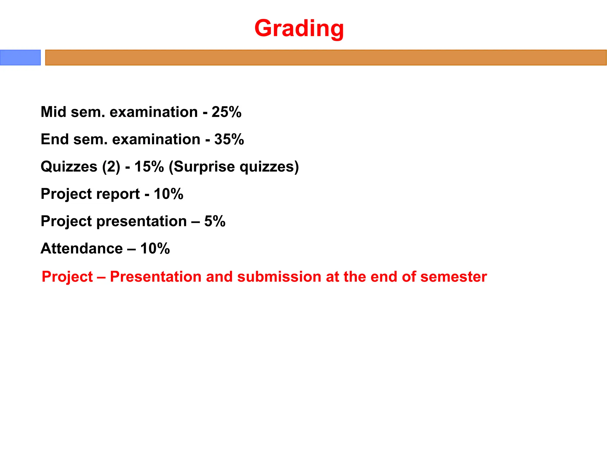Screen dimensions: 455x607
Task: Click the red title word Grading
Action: click(299, 28)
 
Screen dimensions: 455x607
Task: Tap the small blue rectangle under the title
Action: click(20, 57)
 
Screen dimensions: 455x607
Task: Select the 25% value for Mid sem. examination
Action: click(226, 112)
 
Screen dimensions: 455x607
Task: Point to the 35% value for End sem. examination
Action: click(229, 139)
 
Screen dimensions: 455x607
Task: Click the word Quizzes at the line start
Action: click(69, 166)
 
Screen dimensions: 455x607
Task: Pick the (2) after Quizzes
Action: click(111, 166)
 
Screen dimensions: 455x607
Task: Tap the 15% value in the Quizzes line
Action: click(149, 166)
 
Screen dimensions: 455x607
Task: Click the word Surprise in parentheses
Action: click(204, 166)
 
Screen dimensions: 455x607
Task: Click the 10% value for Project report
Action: click(168, 194)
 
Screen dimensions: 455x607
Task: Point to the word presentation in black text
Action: click(142, 221)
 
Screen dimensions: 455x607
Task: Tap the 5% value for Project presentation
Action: click(215, 221)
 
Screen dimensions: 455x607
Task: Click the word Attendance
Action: click(82, 248)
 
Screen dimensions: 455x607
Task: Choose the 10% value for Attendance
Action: click(155, 248)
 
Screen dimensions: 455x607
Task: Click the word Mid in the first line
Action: click(53, 112)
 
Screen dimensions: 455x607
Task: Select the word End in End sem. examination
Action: click(55, 139)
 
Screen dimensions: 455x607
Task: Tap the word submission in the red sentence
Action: click(279, 277)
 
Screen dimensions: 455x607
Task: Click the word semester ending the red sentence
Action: click(453, 277)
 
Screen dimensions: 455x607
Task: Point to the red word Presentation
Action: click(156, 277)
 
